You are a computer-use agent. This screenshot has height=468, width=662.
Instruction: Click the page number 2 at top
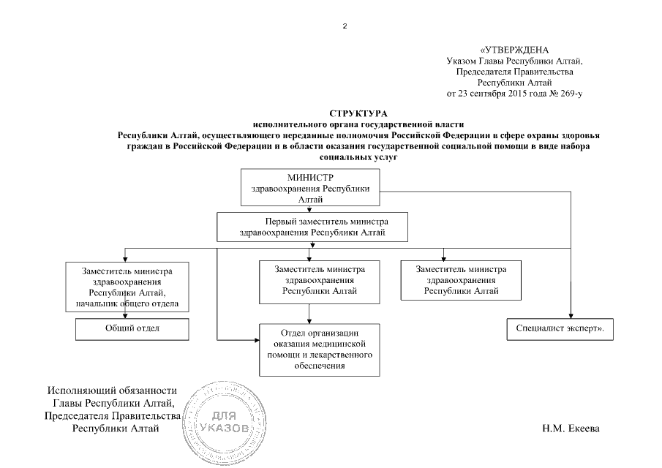click(345, 26)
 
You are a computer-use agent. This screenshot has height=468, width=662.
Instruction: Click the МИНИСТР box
click(311, 187)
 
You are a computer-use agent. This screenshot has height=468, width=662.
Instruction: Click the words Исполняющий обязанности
click(112, 391)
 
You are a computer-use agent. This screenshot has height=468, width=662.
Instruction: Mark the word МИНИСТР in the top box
click(311, 178)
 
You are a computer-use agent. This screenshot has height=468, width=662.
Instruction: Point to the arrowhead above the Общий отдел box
click(127, 315)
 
